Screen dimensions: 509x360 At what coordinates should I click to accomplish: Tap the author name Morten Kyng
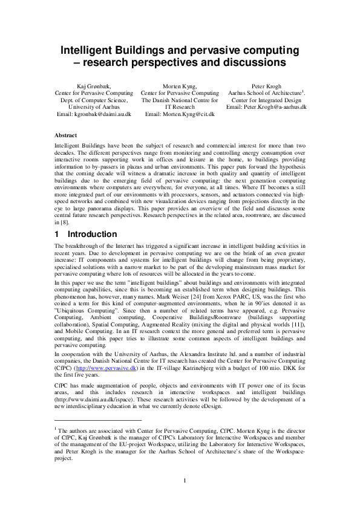(180, 86)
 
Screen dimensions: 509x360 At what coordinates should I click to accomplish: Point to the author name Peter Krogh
(266, 86)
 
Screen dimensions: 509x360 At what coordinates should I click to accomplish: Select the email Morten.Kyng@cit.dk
(180, 114)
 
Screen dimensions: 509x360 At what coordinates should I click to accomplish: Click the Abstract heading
(65, 135)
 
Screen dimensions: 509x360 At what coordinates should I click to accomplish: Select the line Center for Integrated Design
(266, 100)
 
